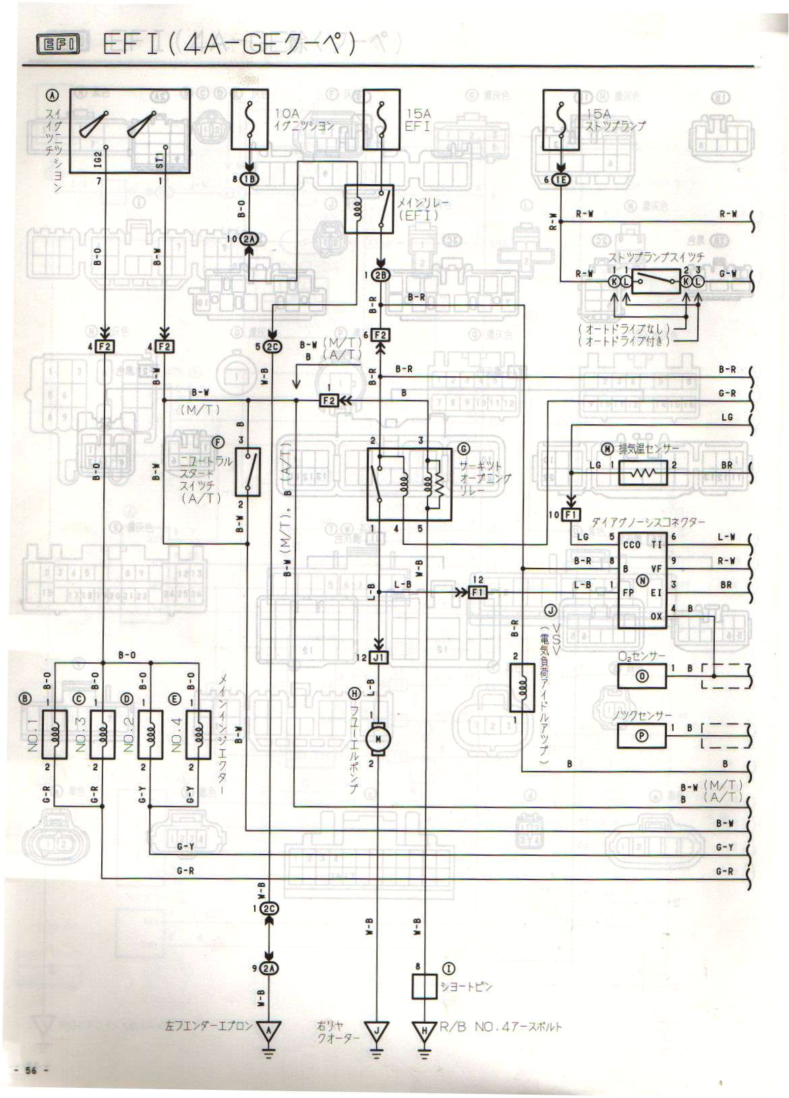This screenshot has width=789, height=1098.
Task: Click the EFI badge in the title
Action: [58, 45]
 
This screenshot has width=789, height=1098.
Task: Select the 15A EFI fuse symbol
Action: [382, 119]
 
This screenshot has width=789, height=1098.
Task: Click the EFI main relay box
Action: [369, 209]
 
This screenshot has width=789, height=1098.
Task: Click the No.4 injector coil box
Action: [198, 734]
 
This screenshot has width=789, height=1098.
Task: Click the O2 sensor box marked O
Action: [641, 675]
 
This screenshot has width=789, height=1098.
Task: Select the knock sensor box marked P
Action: [641, 736]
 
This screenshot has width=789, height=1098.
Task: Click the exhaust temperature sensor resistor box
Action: [642, 473]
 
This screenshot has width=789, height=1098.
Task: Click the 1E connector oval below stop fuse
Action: [560, 179]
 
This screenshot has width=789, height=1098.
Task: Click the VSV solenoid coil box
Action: [522, 688]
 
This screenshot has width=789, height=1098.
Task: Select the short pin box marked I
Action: [425, 987]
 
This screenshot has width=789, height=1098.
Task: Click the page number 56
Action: [30, 1070]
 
